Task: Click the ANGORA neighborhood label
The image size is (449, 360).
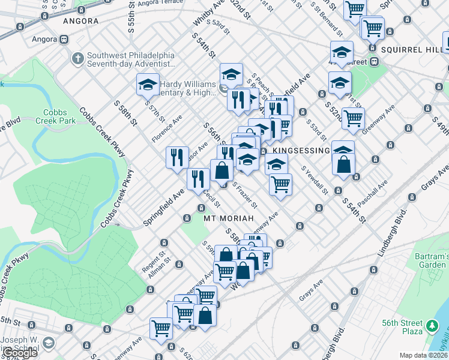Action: [80, 21]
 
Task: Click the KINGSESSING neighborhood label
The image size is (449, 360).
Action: [301, 150]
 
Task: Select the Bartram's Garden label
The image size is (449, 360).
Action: [431, 260]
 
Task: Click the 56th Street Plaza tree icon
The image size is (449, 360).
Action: [432, 328]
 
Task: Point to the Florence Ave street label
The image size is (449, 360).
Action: [166, 129]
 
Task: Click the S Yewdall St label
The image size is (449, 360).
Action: [315, 180]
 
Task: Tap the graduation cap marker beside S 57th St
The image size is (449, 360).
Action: [147, 85]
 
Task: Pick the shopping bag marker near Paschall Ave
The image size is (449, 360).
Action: [343, 164]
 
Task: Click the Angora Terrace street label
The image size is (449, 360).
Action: [159, 3]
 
